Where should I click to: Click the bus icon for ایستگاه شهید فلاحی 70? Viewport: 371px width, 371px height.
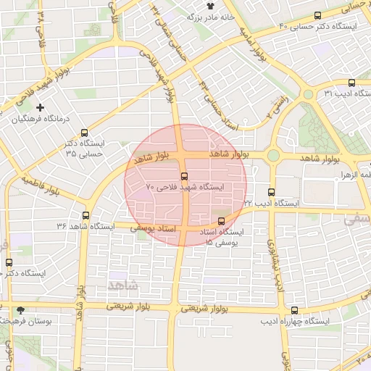coord(183,176)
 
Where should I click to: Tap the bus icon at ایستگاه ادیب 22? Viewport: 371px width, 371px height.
coord(271,193)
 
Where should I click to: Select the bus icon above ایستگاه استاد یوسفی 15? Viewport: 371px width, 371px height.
coord(221,221)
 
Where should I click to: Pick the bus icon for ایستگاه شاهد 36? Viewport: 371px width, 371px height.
coord(86,215)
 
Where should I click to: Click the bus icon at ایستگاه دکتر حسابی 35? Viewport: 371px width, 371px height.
coord(86,133)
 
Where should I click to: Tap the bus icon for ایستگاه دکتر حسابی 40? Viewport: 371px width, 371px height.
coord(317,16)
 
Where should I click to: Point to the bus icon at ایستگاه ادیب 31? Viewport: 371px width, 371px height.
coord(351,83)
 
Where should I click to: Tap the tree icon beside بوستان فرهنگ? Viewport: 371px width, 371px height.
coord(20,309)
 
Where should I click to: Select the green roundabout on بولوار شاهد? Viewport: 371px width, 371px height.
coord(273,155)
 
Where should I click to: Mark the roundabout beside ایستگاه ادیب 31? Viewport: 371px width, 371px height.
coord(308,94)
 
